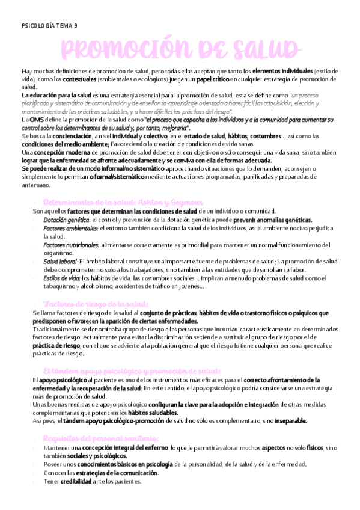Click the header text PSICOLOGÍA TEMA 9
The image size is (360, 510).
click(49, 26)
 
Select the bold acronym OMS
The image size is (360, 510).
click(37, 120)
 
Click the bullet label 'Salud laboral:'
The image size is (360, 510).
click(59, 262)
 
